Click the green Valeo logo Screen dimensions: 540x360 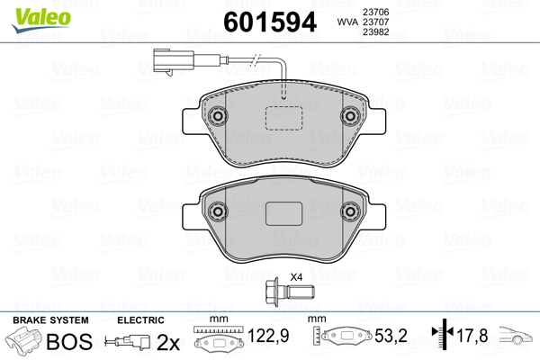pos(41,20)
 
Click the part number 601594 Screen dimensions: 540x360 pos(270,22)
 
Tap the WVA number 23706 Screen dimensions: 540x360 pos(375,12)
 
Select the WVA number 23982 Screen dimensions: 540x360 pos(375,31)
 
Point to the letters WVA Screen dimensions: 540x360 pos(347,22)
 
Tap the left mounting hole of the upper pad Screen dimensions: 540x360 pos(217,116)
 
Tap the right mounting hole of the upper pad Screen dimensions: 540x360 pos(350,116)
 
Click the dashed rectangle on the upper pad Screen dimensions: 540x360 pos(283,118)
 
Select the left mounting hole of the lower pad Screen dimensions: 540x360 pos(217,211)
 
